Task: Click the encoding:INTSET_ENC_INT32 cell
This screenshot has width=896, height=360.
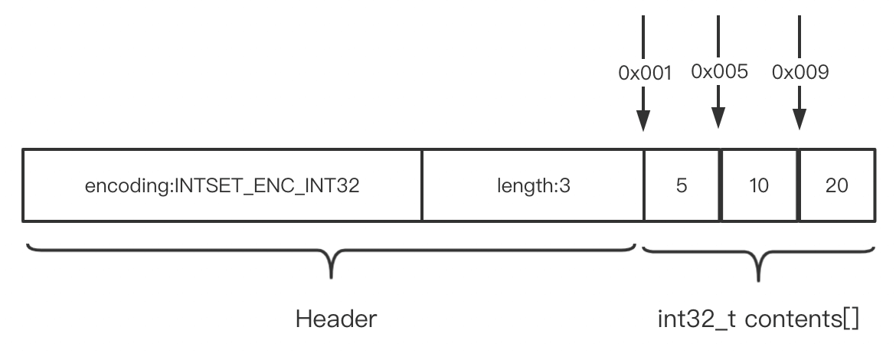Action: [222, 185]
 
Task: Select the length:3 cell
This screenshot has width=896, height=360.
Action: [532, 185]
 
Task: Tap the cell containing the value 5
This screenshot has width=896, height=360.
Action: [682, 185]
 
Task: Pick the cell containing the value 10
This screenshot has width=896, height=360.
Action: [759, 185]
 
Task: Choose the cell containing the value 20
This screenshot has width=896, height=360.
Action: [837, 185]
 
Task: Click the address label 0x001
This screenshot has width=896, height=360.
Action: [645, 74]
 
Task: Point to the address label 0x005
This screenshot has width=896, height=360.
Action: [719, 72]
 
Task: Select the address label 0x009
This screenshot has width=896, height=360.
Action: [800, 74]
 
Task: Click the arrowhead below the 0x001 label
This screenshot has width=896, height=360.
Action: [643, 121]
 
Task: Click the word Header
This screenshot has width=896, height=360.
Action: [336, 319]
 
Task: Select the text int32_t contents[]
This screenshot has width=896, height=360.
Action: [758, 319]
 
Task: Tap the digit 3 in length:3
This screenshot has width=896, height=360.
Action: [565, 185]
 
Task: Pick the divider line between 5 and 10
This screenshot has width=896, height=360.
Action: [721, 185]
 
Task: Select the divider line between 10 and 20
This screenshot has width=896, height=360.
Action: [799, 185]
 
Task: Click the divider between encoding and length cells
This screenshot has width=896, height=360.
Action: [422, 185]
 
